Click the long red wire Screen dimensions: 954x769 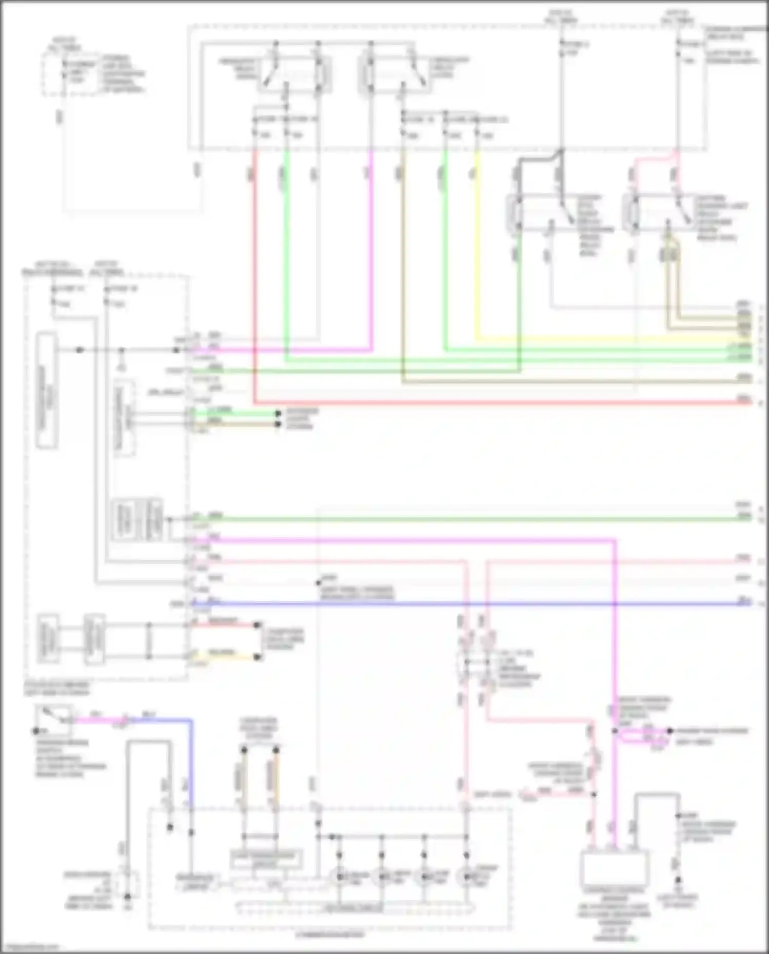pos(462,402)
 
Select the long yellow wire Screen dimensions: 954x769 pos(590,339)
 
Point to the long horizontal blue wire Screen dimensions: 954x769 pos(462,604)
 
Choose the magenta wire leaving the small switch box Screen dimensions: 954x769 pos(97,720)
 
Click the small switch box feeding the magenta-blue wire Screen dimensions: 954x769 pos(53,719)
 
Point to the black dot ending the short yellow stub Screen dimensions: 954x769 pos(258,657)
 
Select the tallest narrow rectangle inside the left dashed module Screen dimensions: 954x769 pos(47,391)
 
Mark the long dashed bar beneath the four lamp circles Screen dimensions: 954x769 pos(355,908)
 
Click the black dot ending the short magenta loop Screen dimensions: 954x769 pos(669,731)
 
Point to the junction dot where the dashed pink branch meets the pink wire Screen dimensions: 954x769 pos(594,794)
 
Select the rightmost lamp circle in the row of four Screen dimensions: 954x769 pos(466,877)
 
